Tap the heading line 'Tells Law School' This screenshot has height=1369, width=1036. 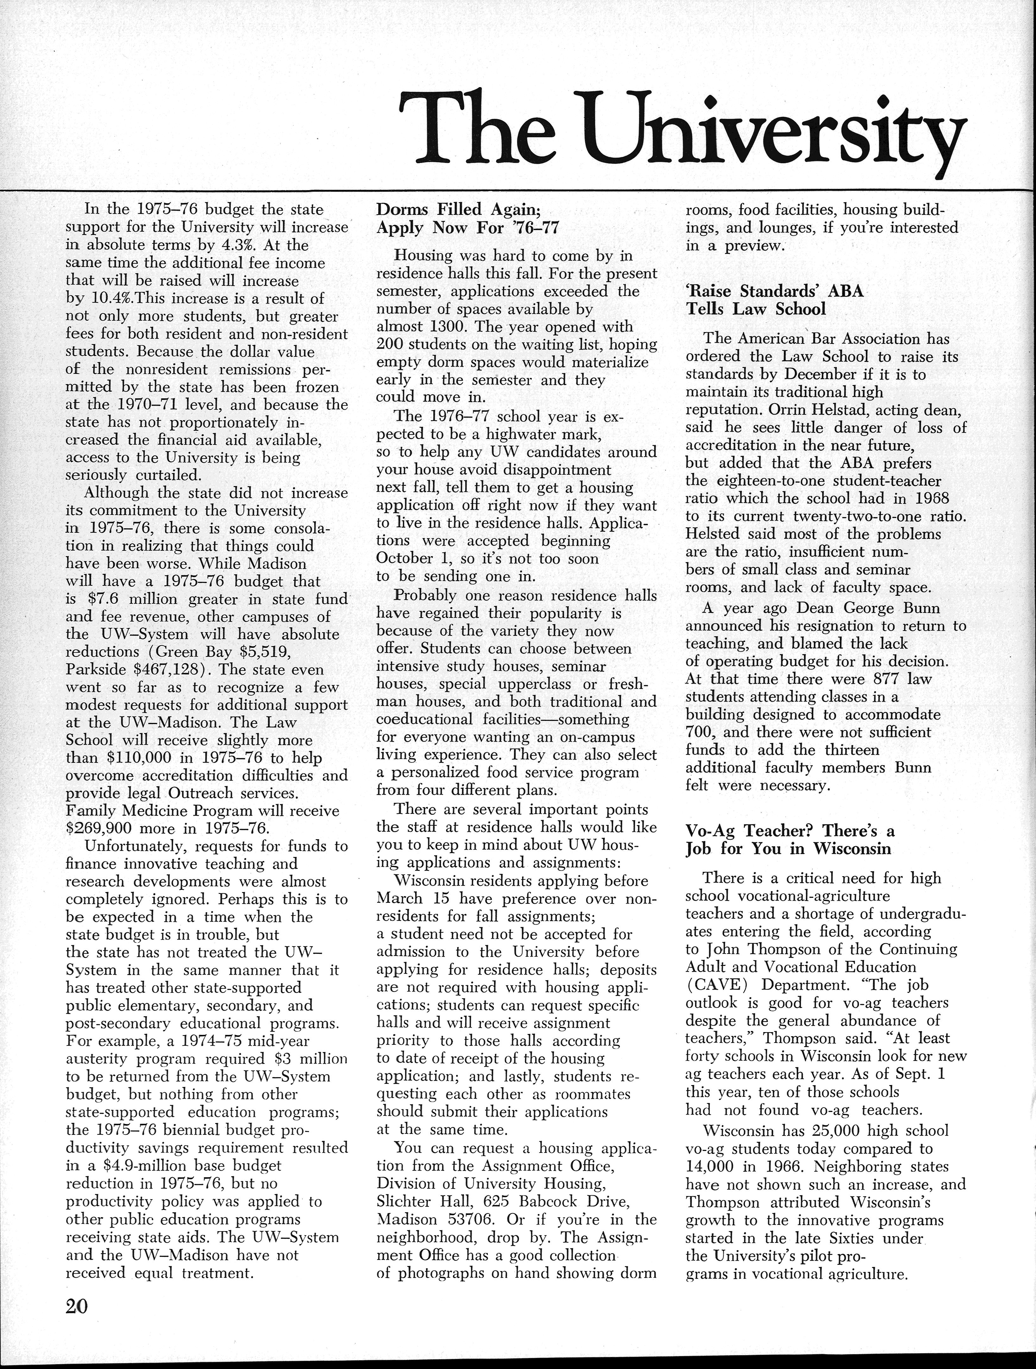(x=756, y=308)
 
